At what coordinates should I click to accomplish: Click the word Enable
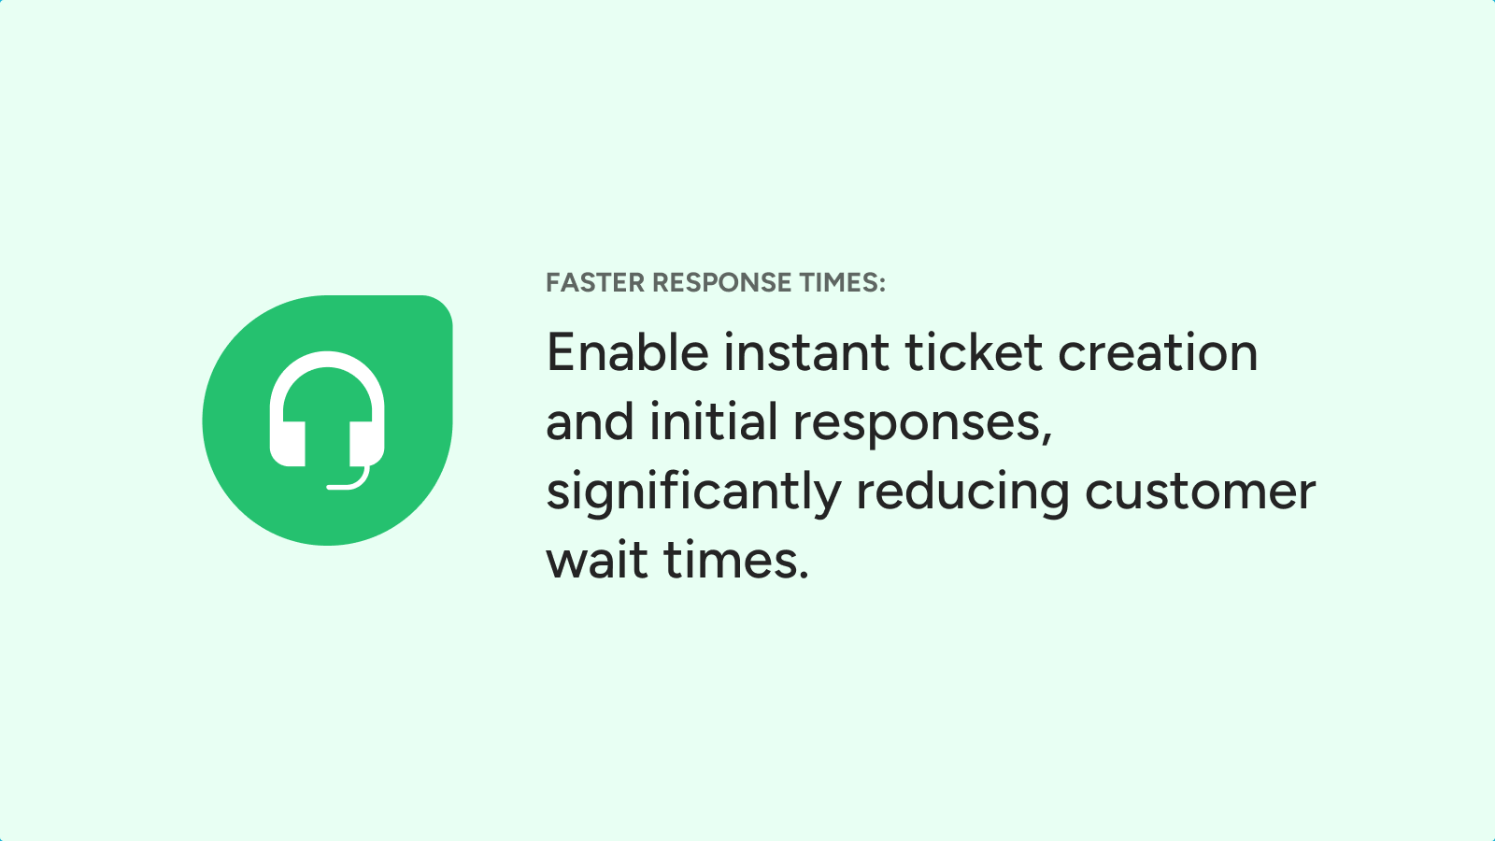click(x=627, y=351)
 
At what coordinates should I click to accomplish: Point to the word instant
click(x=806, y=351)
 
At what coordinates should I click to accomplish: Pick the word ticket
click(x=974, y=351)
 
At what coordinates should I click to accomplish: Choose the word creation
click(x=1158, y=351)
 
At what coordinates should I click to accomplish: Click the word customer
click(x=1200, y=492)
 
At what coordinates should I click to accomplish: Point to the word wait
click(x=597, y=560)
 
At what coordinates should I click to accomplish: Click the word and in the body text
click(x=590, y=421)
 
